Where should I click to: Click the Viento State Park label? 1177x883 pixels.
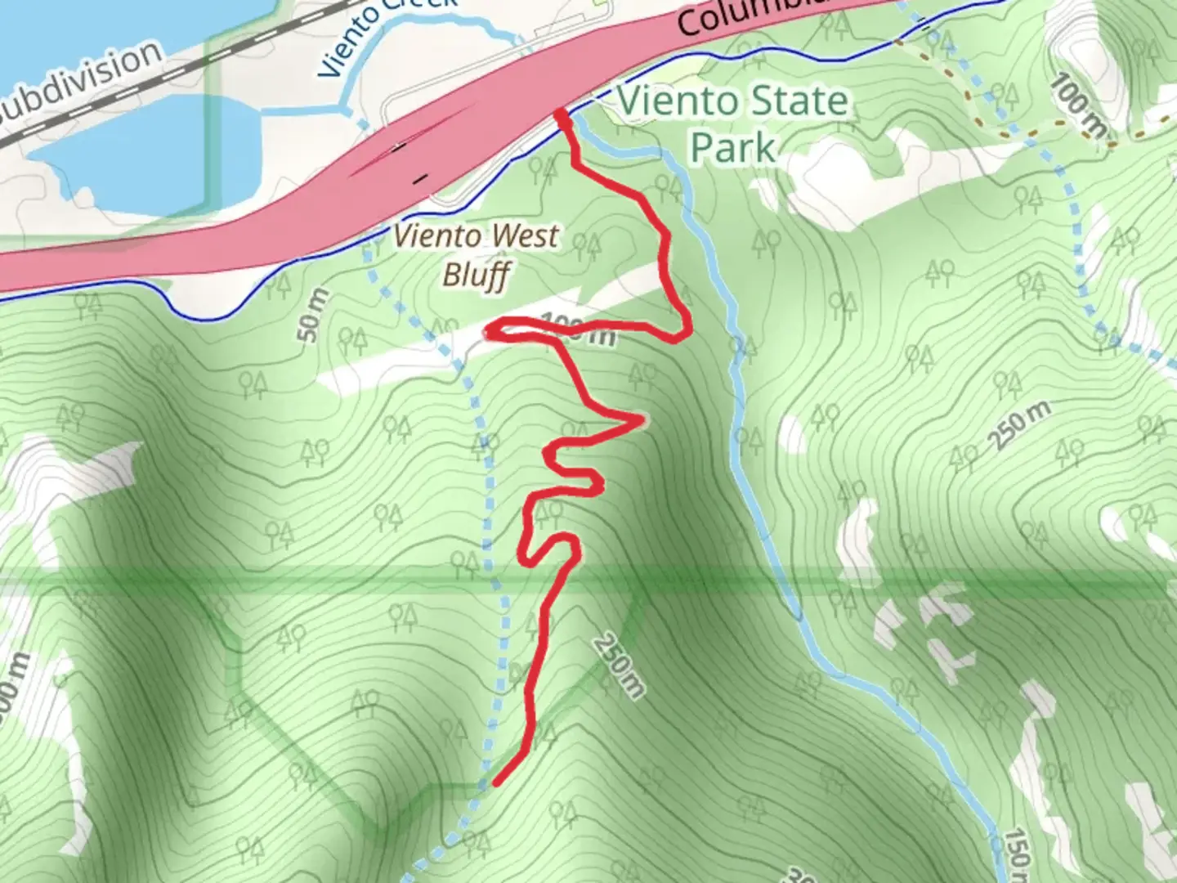pos(732,124)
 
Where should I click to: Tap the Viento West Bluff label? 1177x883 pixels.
pos(477,255)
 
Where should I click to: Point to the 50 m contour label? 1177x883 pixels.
pos(312,316)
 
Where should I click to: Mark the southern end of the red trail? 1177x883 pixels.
pos(496,783)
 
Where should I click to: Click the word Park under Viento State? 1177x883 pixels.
pos(732,149)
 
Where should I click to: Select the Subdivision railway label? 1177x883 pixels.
pos(82,82)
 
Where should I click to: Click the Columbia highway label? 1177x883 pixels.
pos(752,16)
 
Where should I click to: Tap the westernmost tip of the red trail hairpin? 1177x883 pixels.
pos(489,330)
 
